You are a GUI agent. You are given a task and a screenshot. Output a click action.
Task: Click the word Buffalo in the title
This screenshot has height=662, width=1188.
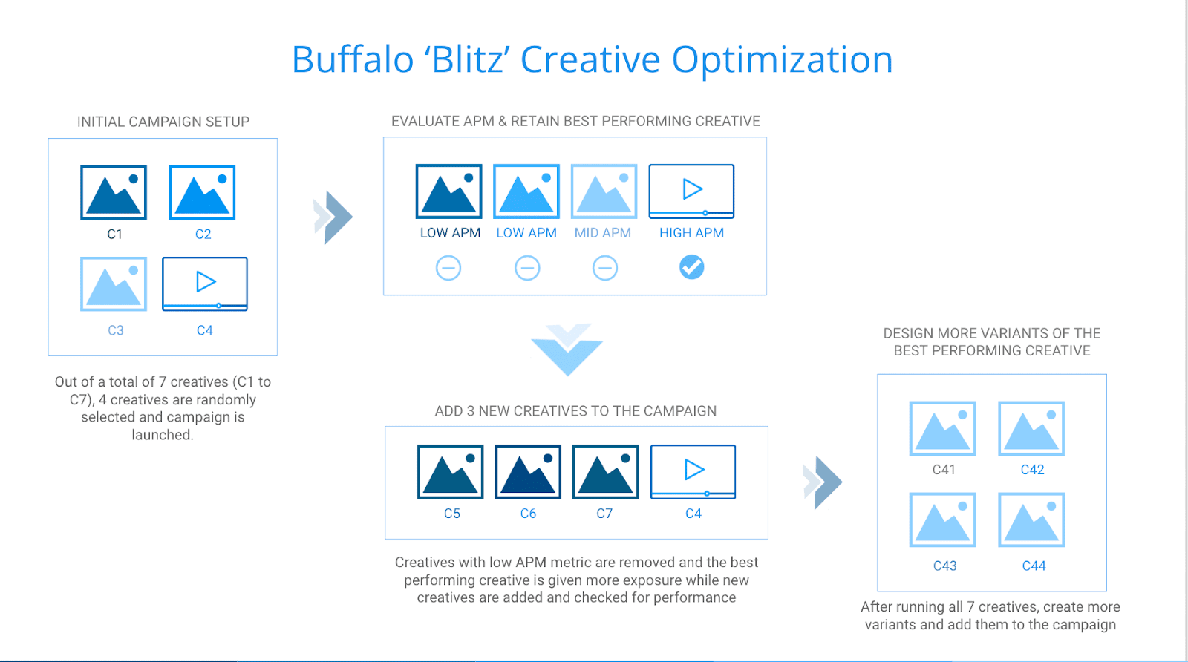click(x=353, y=59)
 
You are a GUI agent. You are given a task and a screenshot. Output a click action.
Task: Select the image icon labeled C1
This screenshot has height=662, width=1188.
click(x=114, y=192)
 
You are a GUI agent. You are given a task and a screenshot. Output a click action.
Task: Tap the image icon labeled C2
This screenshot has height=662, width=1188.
click(x=202, y=192)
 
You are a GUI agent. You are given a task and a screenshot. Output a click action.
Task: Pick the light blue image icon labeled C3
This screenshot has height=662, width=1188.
click(x=114, y=284)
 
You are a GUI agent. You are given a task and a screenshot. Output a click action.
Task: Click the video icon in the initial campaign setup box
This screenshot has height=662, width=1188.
click(x=205, y=284)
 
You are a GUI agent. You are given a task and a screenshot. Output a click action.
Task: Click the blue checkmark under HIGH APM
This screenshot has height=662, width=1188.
click(x=691, y=267)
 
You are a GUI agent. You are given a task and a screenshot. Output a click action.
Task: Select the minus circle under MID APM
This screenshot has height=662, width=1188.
click(x=604, y=268)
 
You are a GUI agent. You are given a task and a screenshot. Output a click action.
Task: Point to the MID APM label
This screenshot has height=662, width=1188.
click(x=603, y=233)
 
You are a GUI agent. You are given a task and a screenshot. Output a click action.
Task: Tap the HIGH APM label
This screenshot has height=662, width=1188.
click(x=691, y=233)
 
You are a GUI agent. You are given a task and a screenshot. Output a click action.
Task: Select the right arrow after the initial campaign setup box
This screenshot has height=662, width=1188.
click(x=333, y=217)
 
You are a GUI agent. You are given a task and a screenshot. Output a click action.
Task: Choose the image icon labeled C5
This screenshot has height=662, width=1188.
click(x=450, y=472)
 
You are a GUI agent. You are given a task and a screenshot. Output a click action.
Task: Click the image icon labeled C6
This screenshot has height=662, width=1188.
click(x=528, y=472)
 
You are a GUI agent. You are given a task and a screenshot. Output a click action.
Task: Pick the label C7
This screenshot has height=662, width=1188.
click(x=604, y=514)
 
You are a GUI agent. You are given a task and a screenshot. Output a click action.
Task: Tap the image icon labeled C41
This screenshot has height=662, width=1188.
click(x=943, y=428)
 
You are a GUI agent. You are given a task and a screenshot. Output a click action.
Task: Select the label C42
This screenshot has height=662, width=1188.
click(x=1033, y=470)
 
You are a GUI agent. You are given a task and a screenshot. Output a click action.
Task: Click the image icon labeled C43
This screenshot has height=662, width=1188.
click(x=943, y=520)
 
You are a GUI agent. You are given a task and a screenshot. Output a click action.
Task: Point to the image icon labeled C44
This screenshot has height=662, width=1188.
click(x=1031, y=520)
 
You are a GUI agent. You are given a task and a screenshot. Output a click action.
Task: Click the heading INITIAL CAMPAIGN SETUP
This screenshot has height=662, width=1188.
click(x=163, y=122)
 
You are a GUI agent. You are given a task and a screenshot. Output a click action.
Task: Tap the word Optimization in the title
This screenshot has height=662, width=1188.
click(x=783, y=60)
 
